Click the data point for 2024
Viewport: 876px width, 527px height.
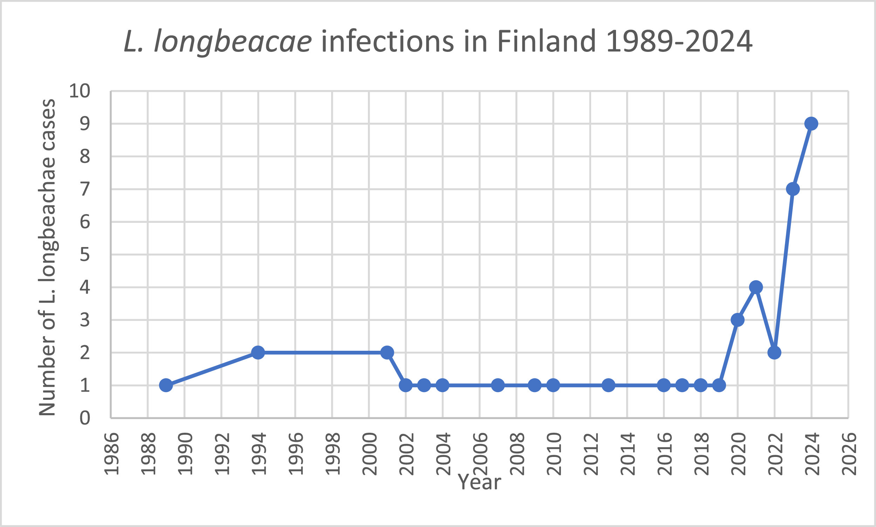pos(811,124)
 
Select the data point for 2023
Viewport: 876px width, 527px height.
pos(793,189)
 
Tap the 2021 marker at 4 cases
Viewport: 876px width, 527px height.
pos(756,287)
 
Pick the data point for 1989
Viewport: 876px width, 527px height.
pos(166,385)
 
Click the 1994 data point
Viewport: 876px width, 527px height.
pos(258,352)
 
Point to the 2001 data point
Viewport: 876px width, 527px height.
pos(387,352)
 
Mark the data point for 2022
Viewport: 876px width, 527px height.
pos(774,352)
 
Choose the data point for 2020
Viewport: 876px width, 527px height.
pos(738,320)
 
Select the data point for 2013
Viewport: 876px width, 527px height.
pos(608,385)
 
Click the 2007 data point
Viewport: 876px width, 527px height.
pos(498,385)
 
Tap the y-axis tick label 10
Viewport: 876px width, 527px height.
pos(80,91)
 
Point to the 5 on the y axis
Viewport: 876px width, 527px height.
pos(84,255)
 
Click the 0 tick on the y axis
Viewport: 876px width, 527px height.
pos(84,418)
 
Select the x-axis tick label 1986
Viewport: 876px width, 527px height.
pos(111,454)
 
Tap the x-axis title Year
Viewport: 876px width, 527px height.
pos(479,482)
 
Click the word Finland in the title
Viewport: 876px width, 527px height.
pos(547,41)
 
